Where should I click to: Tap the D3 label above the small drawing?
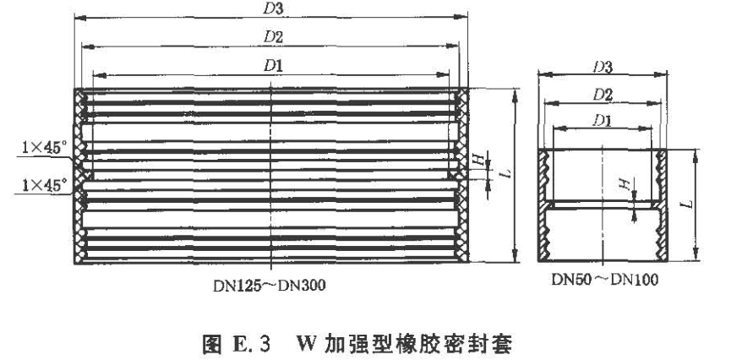pos(602,65)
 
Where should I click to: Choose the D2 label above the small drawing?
pos(602,93)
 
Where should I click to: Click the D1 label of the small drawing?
pos(602,120)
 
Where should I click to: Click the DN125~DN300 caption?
pos(270,285)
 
